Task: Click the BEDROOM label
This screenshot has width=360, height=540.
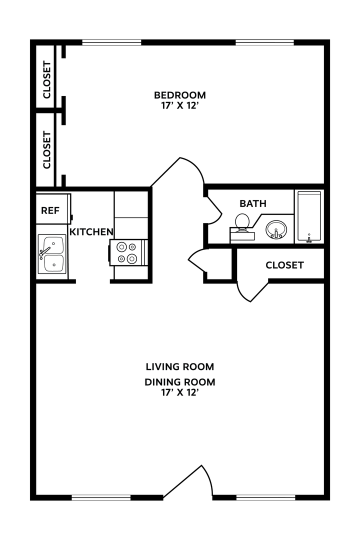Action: coord(179,95)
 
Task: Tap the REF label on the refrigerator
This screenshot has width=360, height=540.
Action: coord(50,210)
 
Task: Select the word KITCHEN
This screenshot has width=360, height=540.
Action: coord(91,232)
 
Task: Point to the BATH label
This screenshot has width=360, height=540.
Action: coord(252,203)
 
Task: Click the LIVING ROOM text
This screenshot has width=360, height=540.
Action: coord(179,367)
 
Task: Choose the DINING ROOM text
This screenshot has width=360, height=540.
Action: coord(179,382)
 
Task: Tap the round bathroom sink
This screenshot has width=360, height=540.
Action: coord(276,230)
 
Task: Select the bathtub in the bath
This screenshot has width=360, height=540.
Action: coord(309,216)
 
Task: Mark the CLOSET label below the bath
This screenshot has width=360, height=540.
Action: coord(284,265)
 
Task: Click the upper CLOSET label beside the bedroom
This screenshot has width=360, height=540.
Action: coord(47,79)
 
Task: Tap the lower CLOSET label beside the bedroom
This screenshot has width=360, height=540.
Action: coord(47,150)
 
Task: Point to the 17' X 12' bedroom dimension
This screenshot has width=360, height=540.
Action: coord(179,106)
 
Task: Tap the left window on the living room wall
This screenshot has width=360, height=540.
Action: coord(101,497)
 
